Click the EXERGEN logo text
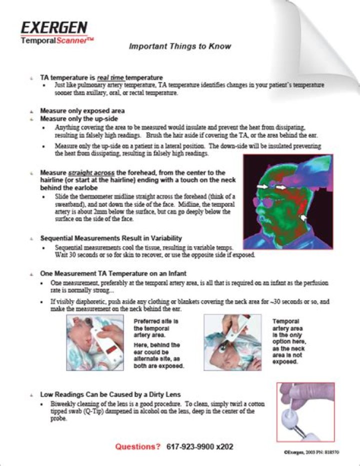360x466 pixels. (54, 27)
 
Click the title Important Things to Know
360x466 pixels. (180, 46)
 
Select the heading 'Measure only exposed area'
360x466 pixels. (82, 111)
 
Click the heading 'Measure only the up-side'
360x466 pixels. (79, 119)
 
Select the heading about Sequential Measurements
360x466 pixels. (111, 238)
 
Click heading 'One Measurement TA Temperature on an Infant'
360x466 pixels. (113, 274)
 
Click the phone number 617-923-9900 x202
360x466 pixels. (199, 446)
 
